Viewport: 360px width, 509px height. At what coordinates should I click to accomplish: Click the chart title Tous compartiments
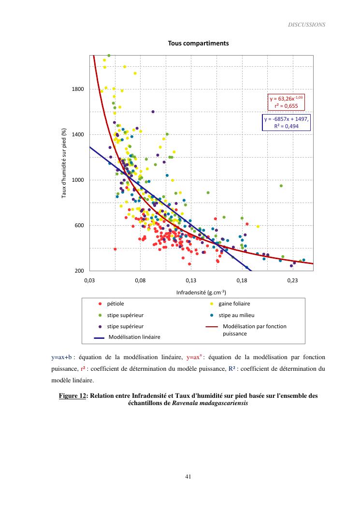coord(198,44)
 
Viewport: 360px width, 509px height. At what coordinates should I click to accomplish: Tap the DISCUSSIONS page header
coord(307,25)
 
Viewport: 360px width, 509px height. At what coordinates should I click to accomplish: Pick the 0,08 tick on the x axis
coord(140,280)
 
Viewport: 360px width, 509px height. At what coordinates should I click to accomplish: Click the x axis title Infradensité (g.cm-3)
coord(201,292)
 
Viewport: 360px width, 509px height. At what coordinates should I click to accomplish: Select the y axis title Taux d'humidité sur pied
coord(63,163)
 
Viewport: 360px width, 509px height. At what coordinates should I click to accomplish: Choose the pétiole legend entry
coord(115,304)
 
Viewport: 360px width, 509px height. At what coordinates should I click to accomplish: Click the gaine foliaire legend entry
coord(234,304)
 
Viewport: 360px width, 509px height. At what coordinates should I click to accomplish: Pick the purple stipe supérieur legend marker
coord(100,326)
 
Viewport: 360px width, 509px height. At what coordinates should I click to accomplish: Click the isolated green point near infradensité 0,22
coord(281,186)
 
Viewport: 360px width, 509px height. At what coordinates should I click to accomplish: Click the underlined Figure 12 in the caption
coord(72,395)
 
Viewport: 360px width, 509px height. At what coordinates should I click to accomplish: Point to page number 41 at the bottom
coord(188,476)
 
